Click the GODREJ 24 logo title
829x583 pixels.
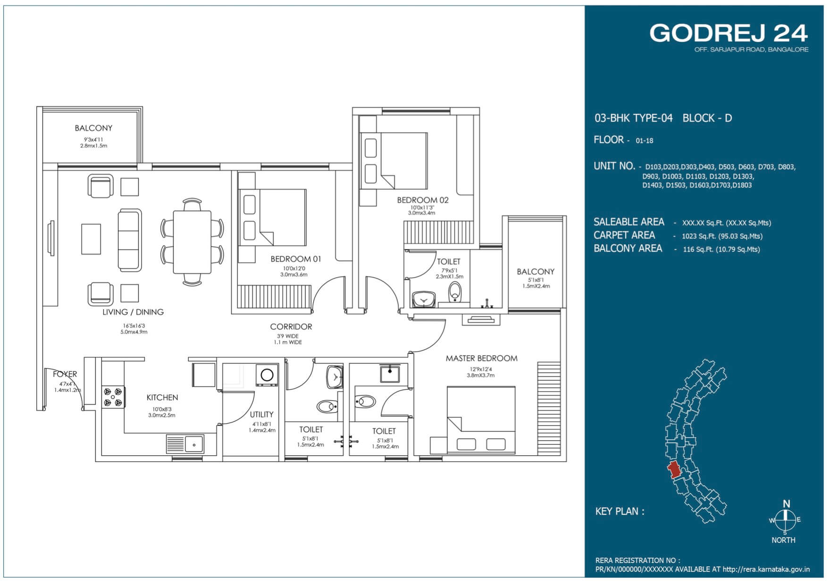coord(729,33)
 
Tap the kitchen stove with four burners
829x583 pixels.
coord(113,397)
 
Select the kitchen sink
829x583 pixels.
coord(185,444)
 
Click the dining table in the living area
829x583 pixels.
coord(192,242)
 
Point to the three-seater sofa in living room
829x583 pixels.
coord(130,240)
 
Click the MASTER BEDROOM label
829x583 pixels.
coord(481,358)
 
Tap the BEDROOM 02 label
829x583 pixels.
coord(422,200)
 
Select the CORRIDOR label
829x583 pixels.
coord(291,327)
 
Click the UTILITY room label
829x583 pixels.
coord(261,414)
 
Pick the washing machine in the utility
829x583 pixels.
coord(267,375)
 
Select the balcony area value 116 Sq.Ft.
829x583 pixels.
coord(721,249)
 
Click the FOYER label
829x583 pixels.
coord(65,374)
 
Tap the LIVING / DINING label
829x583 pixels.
coord(133,312)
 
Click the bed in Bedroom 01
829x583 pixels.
coord(272,217)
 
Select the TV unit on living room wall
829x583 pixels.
coord(51,238)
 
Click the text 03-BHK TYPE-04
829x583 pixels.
coord(633,118)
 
